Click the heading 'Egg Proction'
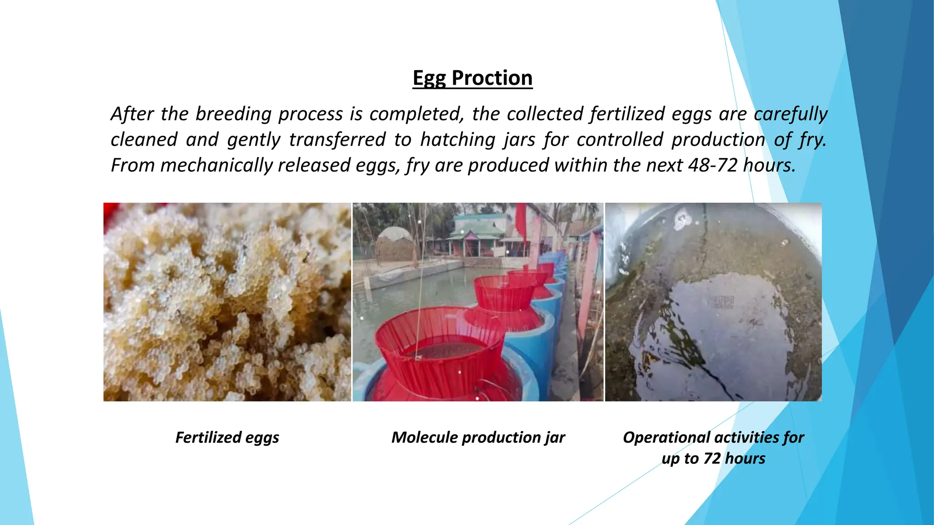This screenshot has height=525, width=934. [472, 78]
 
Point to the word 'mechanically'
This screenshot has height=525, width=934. [216, 165]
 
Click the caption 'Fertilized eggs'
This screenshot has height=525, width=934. [227, 437]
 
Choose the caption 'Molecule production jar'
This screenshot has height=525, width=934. [478, 437]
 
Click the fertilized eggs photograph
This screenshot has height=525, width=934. [227, 302]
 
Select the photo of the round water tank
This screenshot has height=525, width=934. [713, 302]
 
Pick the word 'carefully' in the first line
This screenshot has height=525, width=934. [790, 114]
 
